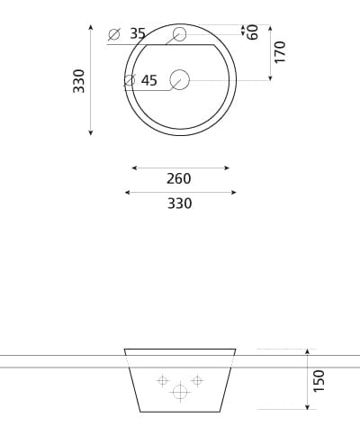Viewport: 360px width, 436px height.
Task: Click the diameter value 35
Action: point(138,33)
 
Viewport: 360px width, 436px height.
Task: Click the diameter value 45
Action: point(149,81)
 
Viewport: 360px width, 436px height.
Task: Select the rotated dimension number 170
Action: point(280,51)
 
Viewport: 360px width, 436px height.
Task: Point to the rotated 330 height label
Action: point(79,80)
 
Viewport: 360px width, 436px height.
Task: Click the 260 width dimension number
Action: point(179,178)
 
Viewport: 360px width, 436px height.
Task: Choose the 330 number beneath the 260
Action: point(179,204)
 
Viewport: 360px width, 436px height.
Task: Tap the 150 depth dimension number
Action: point(319,380)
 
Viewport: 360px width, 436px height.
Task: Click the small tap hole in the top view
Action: point(179,34)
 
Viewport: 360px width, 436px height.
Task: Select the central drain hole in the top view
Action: point(180,80)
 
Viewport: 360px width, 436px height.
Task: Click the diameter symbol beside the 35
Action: point(114,34)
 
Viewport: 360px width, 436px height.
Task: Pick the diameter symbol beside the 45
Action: point(129,81)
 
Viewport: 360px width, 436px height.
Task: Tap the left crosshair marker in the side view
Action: point(163,381)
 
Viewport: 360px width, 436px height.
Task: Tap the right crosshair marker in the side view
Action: point(198,381)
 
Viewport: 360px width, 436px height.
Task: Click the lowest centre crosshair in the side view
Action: point(180,392)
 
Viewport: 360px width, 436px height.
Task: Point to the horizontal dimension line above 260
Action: point(180,168)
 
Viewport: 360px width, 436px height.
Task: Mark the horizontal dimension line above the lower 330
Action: point(180,192)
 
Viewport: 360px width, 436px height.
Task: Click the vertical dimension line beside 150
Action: point(307,379)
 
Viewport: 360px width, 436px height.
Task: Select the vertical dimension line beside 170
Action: point(269,52)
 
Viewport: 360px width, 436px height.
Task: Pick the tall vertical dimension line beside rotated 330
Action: point(91,80)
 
